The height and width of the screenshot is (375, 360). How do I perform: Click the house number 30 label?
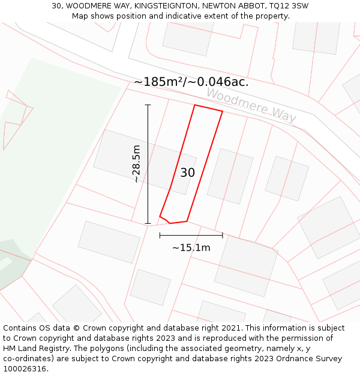[x=187, y=173]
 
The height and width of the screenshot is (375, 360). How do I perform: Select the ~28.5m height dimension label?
[x=137, y=164]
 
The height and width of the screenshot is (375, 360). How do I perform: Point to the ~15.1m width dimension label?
[x=191, y=247]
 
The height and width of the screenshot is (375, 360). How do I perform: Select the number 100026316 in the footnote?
[x=24, y=368]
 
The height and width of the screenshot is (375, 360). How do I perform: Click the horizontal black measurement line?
[x=191, y=235]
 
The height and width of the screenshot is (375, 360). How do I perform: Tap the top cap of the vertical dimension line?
[x=148, y=105]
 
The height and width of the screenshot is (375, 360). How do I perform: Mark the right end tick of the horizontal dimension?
[x=223, y=235]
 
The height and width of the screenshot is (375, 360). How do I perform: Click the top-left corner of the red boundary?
[x=195, y=106]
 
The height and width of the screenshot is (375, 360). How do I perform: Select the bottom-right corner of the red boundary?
[x=187, y=221]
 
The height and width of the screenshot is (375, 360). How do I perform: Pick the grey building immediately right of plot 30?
[x=230, y=176]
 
